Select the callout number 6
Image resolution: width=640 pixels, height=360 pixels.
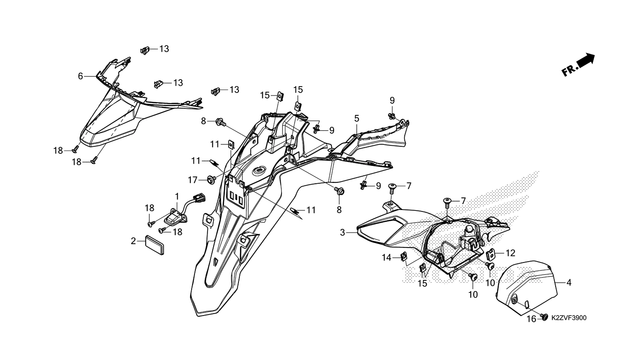point(80,76)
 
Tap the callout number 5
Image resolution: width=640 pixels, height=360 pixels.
point(357,118)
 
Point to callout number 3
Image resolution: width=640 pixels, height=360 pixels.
point(342,233)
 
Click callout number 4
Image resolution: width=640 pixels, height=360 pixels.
point(569,283)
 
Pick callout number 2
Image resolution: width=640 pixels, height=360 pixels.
point(133,241)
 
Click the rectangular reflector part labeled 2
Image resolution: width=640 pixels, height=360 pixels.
point(155,245)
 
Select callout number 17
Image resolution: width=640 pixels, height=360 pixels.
point(193,180)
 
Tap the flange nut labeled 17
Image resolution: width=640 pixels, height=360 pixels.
point(212,180)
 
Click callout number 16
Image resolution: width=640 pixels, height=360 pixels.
point(531,319)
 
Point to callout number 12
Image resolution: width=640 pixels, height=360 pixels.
point(510,253)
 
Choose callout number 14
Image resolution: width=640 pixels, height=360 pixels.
point(387,258)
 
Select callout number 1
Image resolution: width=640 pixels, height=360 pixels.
point(177,196)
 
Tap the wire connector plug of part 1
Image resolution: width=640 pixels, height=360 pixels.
point(200,197)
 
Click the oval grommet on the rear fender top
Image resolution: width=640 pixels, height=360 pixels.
point(259,171)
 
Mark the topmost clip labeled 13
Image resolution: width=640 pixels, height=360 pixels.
point(145,51)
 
